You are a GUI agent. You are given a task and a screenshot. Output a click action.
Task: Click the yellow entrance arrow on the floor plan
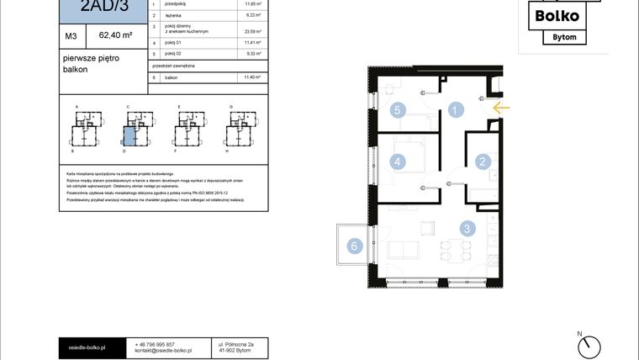[x=501, y=108]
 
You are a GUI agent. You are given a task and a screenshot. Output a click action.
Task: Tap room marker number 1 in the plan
[x=455, y=109]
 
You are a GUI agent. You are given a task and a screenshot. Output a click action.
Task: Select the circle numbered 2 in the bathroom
[x=483, y=162]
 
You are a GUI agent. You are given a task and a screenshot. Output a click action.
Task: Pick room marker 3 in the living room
[x=466, y=228]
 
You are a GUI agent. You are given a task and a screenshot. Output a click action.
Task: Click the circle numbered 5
[x=399, y=109]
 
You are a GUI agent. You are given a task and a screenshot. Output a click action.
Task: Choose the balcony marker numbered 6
[x=355, y=246]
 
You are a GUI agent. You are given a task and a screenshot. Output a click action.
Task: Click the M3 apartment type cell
[x=71, y=36]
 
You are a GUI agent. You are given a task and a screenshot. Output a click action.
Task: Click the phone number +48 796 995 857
[x=155, y=345]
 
